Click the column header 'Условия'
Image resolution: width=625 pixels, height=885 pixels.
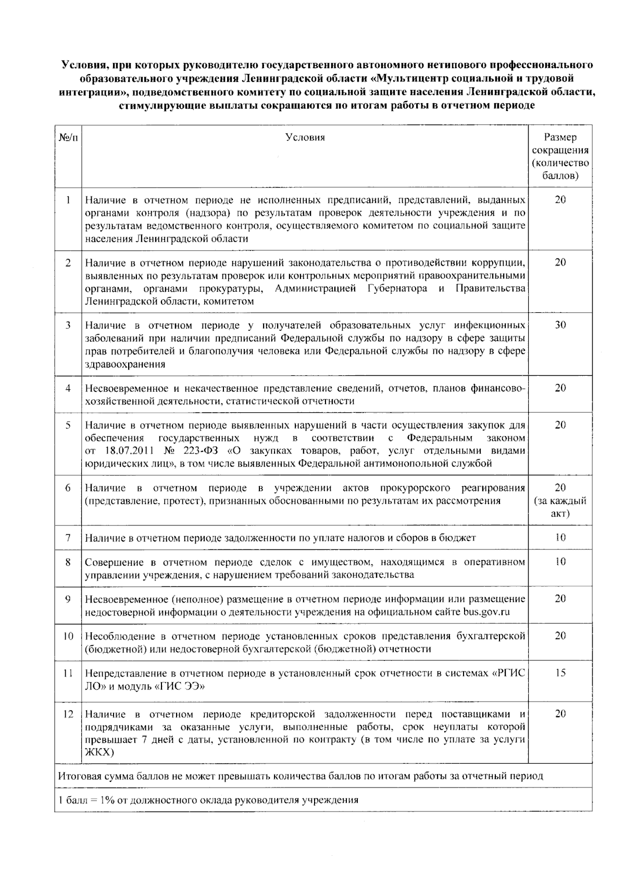click(305, 137)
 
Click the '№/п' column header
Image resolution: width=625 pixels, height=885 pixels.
click(68, 137)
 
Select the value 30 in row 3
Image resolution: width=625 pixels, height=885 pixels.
click(560, 325)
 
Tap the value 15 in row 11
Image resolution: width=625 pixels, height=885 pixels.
click(560, 672)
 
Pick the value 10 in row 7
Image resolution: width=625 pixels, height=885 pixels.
click(560, 537)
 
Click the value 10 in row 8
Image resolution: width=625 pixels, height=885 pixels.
click(560, 562)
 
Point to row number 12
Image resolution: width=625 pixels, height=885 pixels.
click(68, 714)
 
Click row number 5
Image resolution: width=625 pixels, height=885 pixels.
click(68, 425)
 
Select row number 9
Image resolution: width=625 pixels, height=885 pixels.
click(68, 599)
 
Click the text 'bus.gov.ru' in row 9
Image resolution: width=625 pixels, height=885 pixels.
click(486, 612)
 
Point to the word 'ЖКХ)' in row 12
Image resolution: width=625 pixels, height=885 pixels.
click(99, 752)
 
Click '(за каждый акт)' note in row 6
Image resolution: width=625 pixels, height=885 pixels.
click(560, 507)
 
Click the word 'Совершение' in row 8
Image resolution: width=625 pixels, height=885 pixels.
click(110, 562)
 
